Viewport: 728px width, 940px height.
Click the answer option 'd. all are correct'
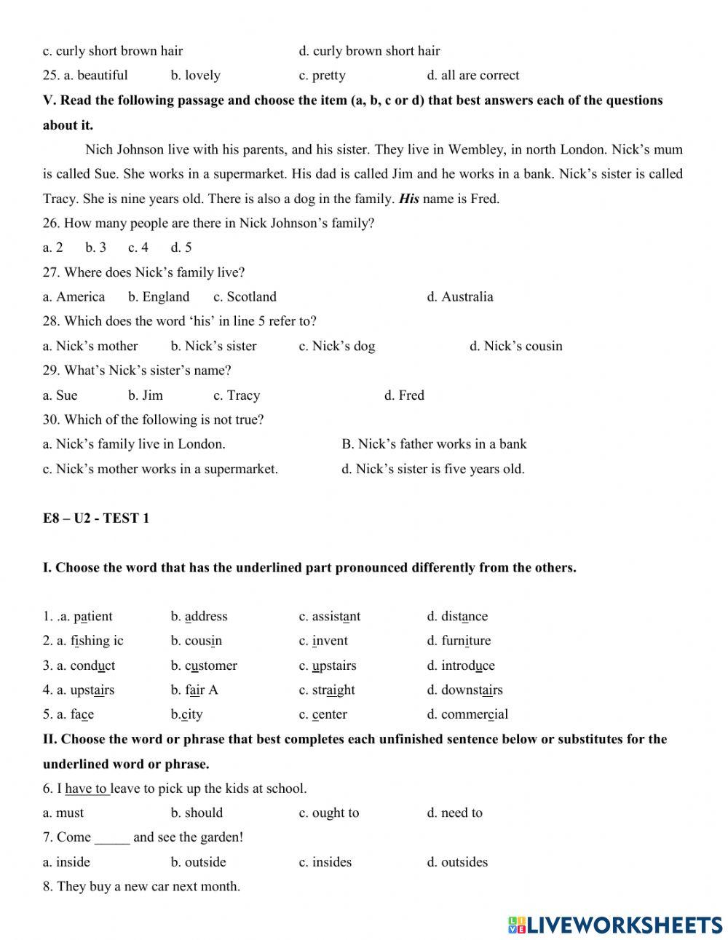(x=472, y=75)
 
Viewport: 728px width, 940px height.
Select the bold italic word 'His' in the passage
(x=408, y=199)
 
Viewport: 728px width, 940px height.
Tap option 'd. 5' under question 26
(x=181, y=248)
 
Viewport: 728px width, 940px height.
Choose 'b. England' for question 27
(x=159, y=297)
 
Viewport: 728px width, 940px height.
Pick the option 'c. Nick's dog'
(x=336, y=346)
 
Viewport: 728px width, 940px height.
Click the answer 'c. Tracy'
(x=236, y=395)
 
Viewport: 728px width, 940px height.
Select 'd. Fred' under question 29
(x=404, y=395)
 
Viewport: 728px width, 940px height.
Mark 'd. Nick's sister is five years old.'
(x=432, y=469)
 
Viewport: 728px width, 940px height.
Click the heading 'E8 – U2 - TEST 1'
(x=95, y=518)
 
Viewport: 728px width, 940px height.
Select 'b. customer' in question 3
(x=204, y=665)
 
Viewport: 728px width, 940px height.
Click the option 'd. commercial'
(x=467, y=714)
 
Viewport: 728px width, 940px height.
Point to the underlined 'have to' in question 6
(x=87, y=789)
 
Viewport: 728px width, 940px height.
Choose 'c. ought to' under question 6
(x=328, y=813)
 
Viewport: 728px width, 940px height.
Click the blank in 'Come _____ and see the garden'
(x=112, y=837)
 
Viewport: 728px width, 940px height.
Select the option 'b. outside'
(x=198, y=862)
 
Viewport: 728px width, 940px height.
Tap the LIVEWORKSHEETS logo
(x=615, y=925)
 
